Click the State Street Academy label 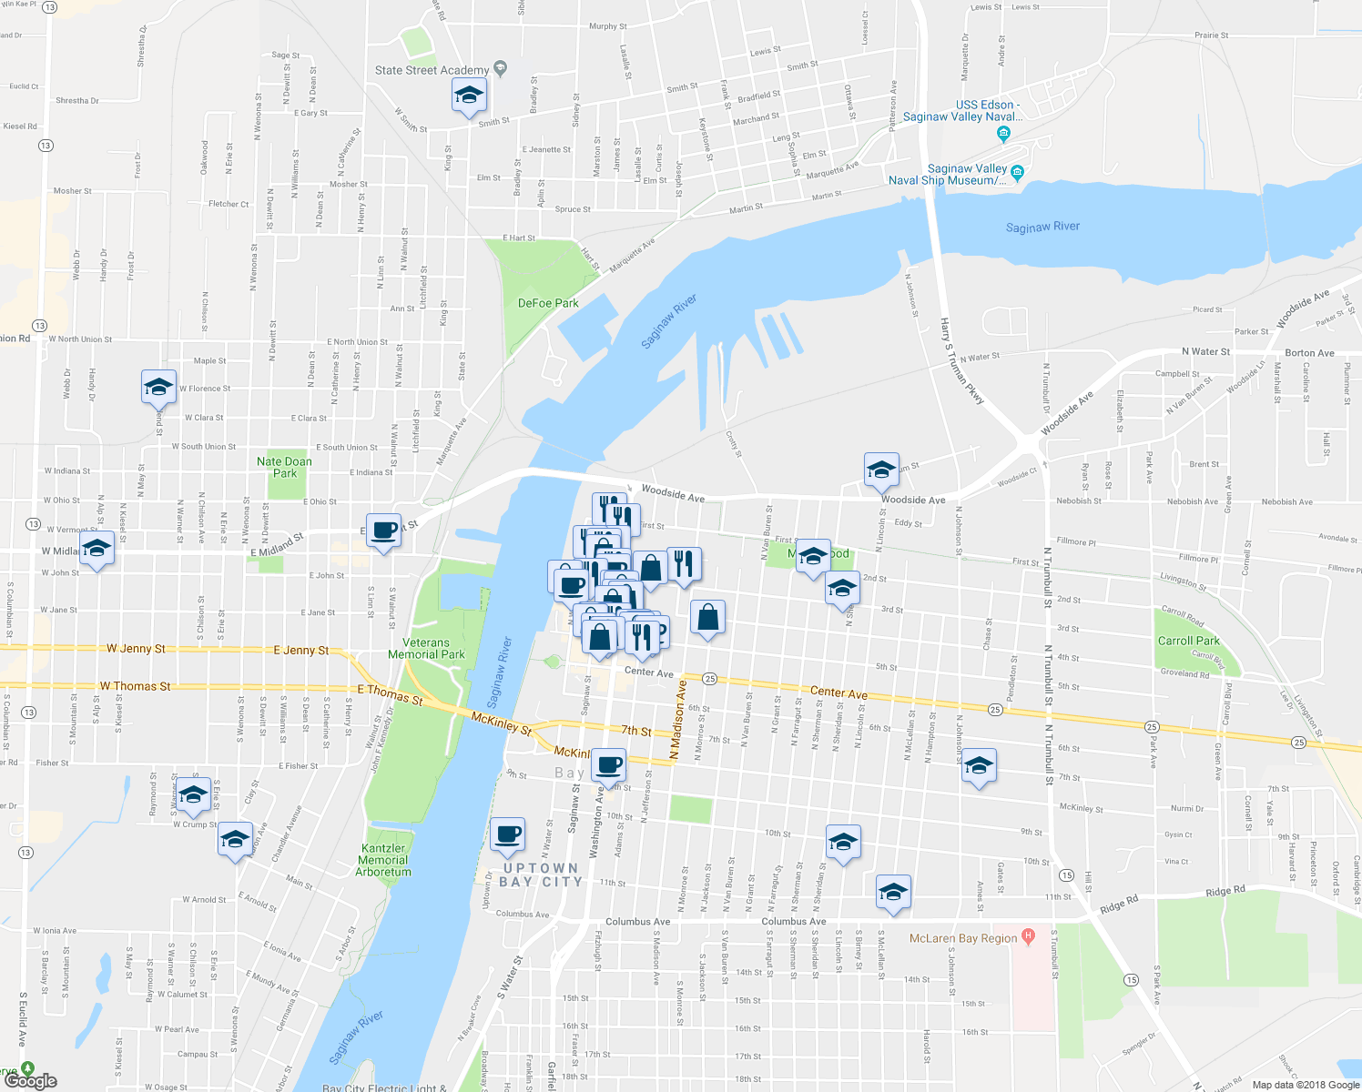pos(432,70)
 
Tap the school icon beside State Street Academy pos(469,96)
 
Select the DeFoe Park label pos(548,303)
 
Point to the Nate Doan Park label pos(284,467)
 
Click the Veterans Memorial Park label pos(426,648)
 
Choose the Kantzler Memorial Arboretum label pos(383,860)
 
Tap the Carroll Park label pos(1188,641)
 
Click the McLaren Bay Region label pos(963,938)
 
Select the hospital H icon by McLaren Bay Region pos(1028,935)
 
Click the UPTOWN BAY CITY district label pos(542,875)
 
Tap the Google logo pos(31,1080)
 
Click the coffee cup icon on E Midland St pos(384,530)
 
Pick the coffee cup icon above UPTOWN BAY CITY pos(507,834)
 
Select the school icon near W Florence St pos(158,387)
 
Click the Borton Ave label pos(1309,353)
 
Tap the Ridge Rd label pos(1225,892)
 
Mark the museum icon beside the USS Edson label pos(1003,135)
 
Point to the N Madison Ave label pos(676,720)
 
